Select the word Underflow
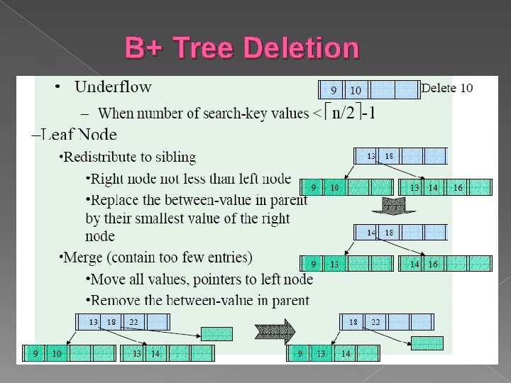[x=113, y=87]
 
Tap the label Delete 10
[x=446, y=88]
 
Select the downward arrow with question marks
[x=390, y=206]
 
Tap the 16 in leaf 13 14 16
[x=458, y=187]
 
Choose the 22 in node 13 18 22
[x=133, y=321]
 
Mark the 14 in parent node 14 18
[x=371, y=233]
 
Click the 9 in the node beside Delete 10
[x=334, y=90]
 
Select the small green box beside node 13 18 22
[x=216, y=333]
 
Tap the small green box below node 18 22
[x=427, y=343]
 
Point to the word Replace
[x=113, y=200]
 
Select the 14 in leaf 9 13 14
[x=346, y=353]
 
